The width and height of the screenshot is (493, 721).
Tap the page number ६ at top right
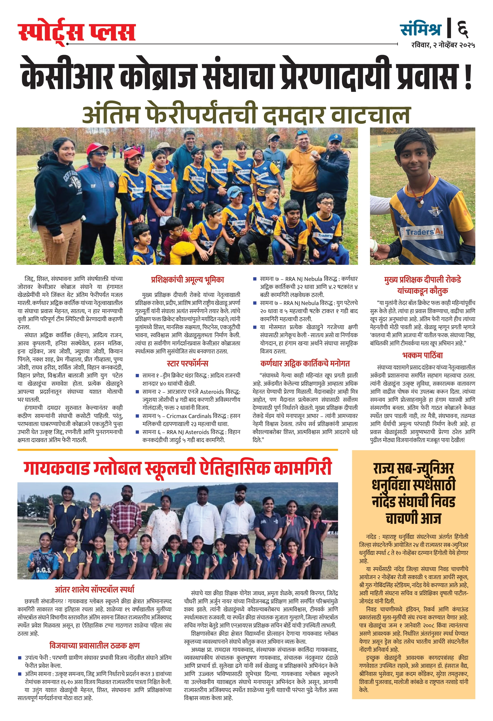point(463,29)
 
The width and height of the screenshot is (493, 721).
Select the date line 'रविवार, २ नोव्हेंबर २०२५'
point(443,45)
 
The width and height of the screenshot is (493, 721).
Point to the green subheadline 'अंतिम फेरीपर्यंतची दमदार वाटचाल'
point(246,114)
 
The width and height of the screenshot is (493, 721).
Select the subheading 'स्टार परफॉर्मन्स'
point(187,363)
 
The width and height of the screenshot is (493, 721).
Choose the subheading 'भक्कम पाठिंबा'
point(423,355)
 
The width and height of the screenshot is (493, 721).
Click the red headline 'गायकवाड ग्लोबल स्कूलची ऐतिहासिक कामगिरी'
point(178,468)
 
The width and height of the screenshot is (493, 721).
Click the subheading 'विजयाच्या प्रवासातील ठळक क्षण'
point(95,646)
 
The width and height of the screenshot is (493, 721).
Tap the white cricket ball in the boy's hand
point(373,247)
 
